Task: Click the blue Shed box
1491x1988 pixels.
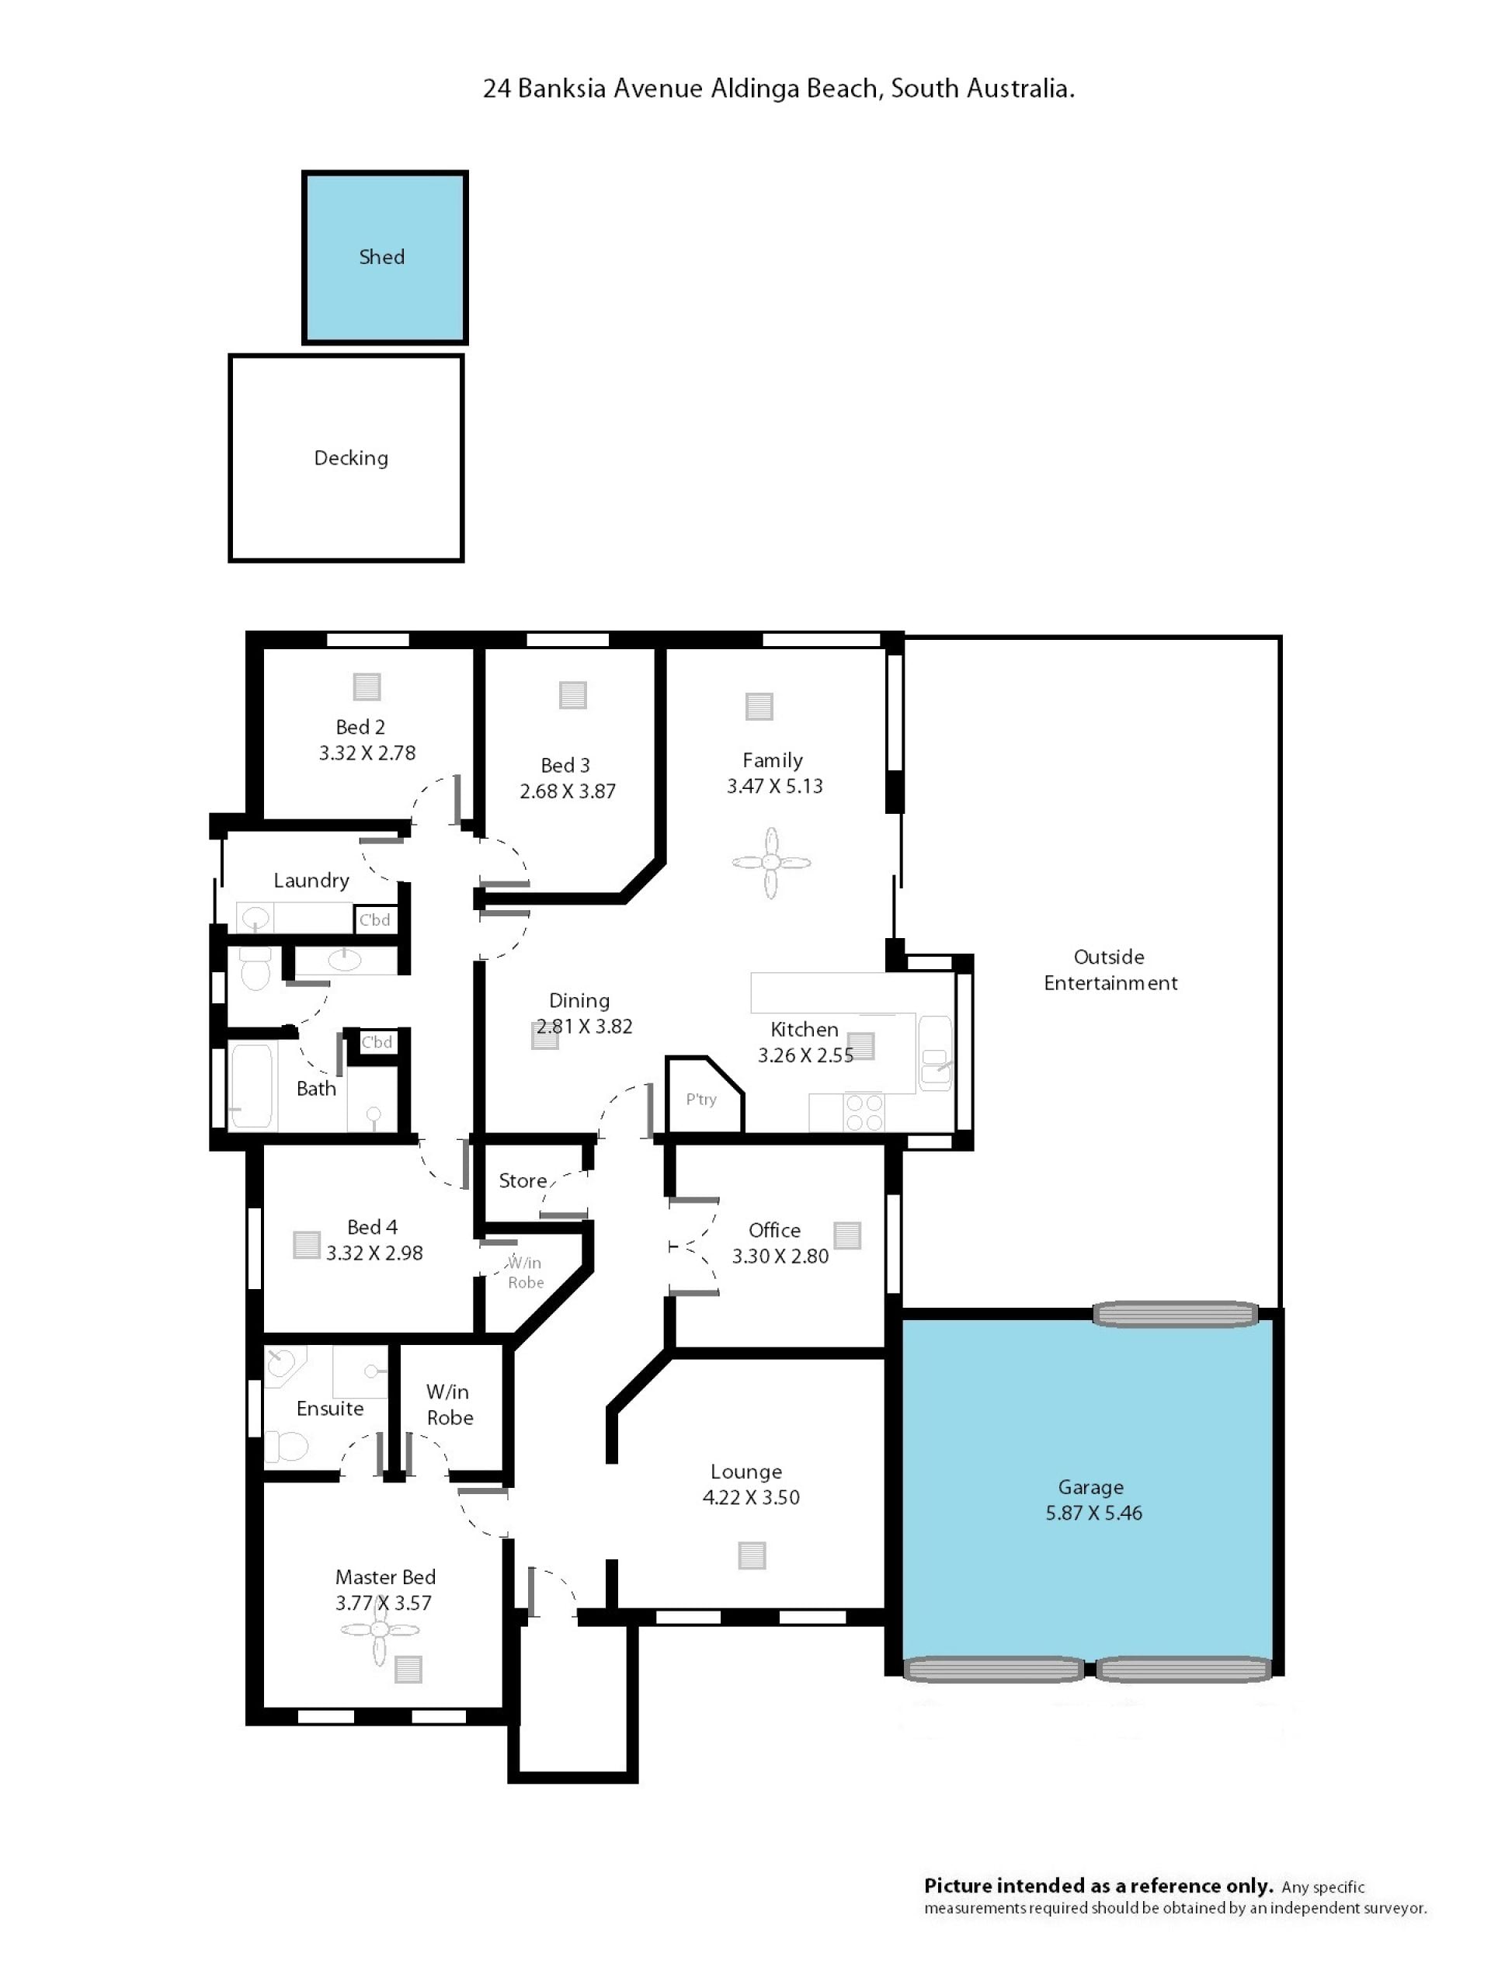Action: (x=384, y=257)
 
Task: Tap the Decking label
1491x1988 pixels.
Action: (x=350, y=458)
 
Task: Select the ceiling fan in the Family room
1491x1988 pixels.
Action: (x=771, y=863)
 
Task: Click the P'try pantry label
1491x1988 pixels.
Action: (x=701, y=1099)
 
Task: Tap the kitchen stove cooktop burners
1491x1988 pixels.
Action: (x=864, y=1113)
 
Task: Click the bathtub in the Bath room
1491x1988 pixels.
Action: (x=252, y=1086)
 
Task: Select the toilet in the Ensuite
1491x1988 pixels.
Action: (x=287, y=1447)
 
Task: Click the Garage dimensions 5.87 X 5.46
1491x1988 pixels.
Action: (x=1093, y=1514)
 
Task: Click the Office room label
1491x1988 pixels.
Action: (x=773, y=1230)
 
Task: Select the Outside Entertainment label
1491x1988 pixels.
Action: (x=1110, y=970)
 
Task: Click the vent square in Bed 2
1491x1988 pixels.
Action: (x=367, y=686)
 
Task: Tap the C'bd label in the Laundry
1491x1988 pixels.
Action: (x=375, y=920)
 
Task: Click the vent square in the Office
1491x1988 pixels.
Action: (x=846, y=1236)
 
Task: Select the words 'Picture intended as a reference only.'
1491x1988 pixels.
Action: (x=1098, y=1885)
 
